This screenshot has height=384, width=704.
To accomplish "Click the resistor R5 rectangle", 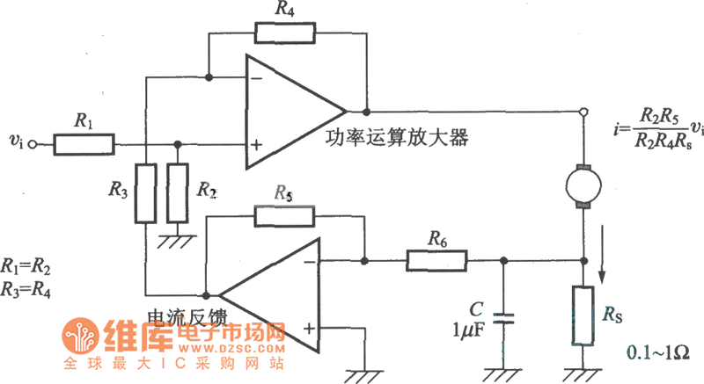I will coord(283,215).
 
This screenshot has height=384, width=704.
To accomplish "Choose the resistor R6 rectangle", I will coord(437,260).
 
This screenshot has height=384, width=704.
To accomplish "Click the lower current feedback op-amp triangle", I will coord(268,294).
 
